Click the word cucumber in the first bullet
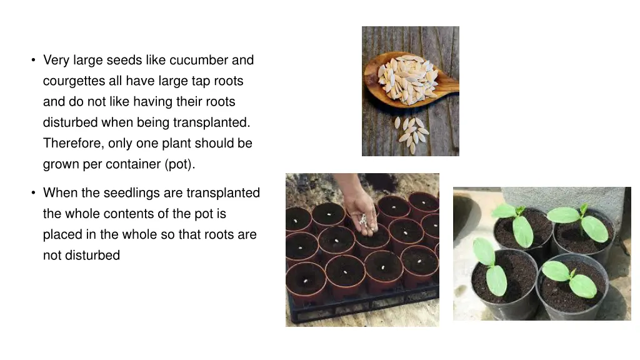(x=199, y=60)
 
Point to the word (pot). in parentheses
(x=180, y=164)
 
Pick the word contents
(x=127, y=214)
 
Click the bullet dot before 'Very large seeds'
(x=34, y=61)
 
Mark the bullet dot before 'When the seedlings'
(x=34, y=192)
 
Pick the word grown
(x=61, y=164)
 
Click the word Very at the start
(x=56, y=61)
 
